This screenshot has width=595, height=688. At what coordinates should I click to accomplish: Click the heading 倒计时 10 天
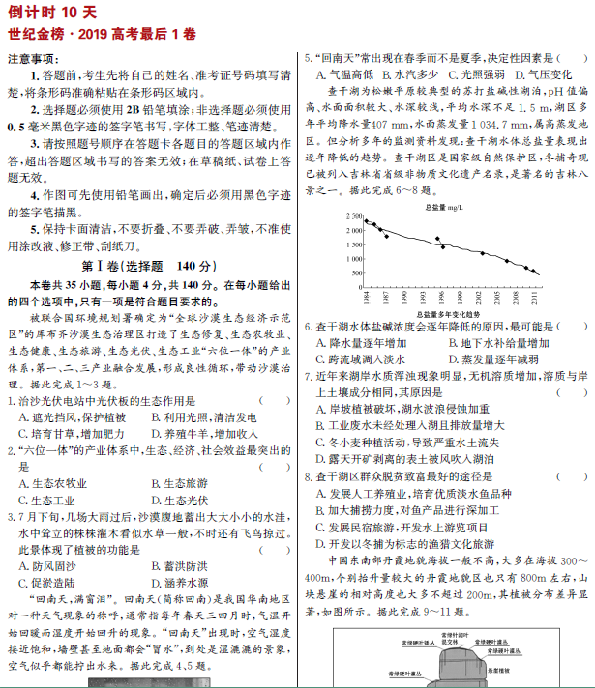pos(51,12)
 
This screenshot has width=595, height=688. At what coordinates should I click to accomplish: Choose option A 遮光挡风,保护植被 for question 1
pos(73,416)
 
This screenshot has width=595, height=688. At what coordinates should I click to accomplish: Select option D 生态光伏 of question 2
pos(180,500)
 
